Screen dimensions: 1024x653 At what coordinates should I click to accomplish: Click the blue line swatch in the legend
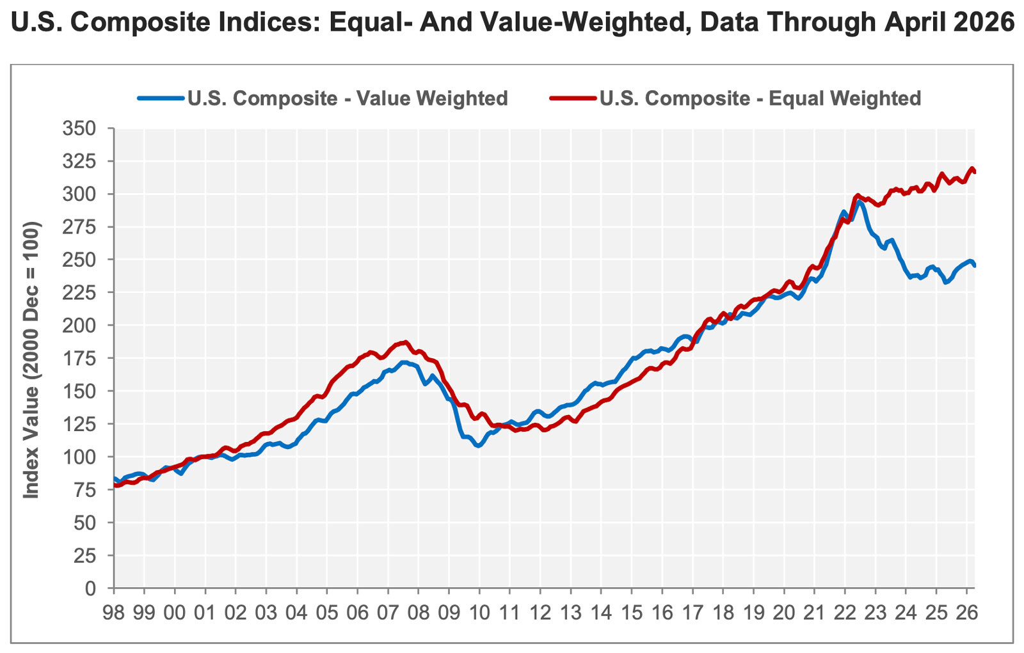click(x=161, y=98)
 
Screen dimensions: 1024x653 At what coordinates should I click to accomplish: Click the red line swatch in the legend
click(x=573, y=98)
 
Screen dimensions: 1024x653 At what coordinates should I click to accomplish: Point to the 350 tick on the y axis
click(x=79, y=129)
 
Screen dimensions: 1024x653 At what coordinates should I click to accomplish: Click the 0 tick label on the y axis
click(x=90, y=588)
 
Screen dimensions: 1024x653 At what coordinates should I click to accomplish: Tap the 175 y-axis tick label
click(x=79, y=358)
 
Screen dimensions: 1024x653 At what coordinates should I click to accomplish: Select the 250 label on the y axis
click(x=79, y=260)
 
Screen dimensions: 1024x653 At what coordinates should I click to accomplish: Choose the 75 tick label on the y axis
click(x=85, y=490)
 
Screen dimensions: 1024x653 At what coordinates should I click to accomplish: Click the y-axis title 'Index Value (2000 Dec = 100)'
click(x=31, y=360)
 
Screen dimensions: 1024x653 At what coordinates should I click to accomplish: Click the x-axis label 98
click(x=113, y=613)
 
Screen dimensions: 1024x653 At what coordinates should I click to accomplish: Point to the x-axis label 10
click(x=479, y=613)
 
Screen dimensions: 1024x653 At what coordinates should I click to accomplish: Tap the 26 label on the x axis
click(x=966, y=613)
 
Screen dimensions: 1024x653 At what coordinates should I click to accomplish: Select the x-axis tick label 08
click(x=419, y=613)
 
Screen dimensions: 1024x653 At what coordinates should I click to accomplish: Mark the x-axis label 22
click(x=845, y=613)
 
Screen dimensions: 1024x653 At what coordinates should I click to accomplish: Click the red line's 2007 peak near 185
click(x=404, y=342)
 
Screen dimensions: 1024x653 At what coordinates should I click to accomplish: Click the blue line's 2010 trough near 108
click(x=478, y=445)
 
